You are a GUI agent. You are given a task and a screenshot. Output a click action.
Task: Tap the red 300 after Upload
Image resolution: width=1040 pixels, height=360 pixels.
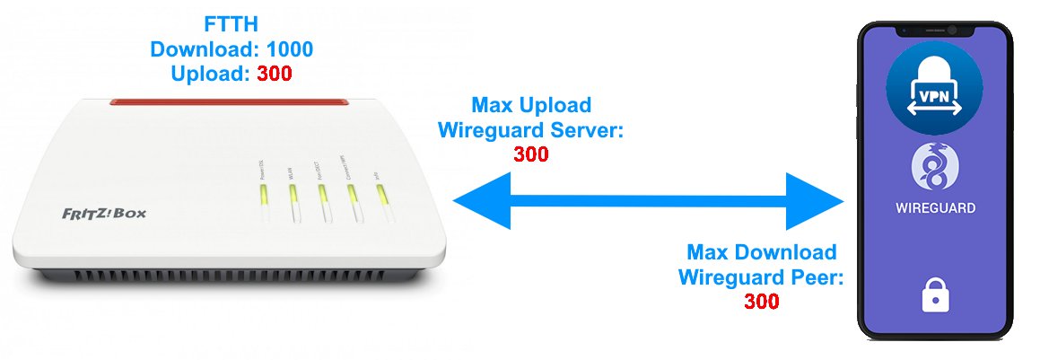click(x=274, y=75)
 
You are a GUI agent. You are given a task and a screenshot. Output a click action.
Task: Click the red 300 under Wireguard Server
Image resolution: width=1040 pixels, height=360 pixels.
click(x=531, y=154)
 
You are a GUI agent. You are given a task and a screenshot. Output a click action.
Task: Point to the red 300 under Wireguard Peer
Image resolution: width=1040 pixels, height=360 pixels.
click(x=761, y=302)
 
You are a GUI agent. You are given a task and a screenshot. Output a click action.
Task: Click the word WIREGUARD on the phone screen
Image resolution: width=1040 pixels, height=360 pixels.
click(x=936, y=208)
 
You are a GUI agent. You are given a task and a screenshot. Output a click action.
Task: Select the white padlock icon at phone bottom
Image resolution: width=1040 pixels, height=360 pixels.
click(x=936, y=294)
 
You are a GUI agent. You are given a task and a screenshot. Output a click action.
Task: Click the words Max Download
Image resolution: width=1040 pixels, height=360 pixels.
click(x=761, y=252)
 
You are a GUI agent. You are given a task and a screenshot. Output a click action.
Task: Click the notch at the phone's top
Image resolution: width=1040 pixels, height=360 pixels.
click(x=936, y=31)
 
